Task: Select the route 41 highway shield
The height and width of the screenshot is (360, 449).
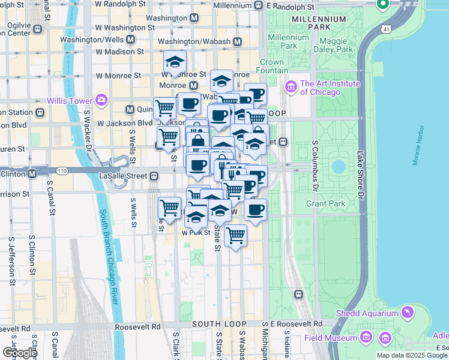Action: tap(384, 28)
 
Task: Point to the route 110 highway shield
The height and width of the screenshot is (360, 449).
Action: tap(62, 171)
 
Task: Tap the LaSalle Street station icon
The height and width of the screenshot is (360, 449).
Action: tap(154, 176)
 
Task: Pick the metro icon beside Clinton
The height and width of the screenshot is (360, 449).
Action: tap(32, 173)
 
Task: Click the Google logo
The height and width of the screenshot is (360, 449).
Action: tap(19, 353)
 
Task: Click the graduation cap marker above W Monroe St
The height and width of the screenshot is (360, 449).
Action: tap(175, 61)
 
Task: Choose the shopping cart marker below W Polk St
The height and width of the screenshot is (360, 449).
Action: tap(235, 235)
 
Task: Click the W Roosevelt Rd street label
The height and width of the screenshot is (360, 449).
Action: tap(139, 327)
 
